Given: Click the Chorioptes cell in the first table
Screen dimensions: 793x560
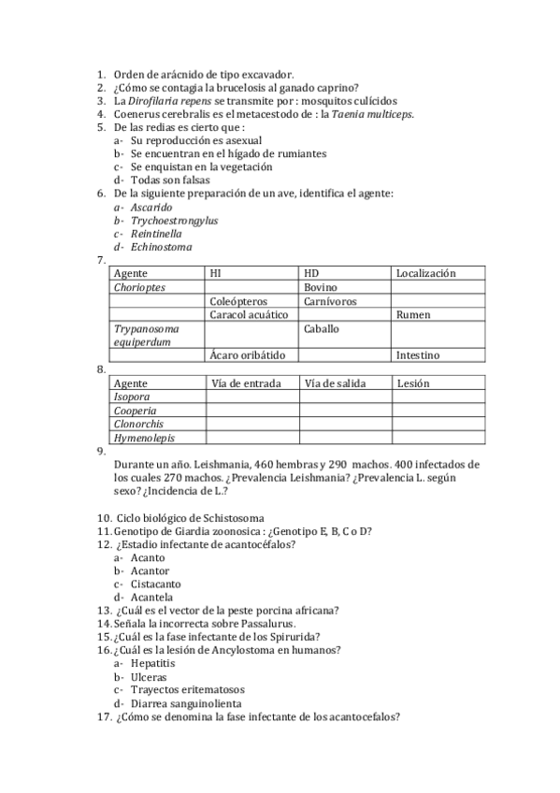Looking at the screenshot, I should coord(139,287).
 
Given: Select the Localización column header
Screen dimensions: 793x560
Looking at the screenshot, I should coord(425,273).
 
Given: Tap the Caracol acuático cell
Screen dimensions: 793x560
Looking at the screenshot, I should coord(248,315).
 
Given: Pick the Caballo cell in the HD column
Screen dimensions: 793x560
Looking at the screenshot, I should coord(322,329).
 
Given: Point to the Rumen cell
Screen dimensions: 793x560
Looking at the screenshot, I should coord(413,315).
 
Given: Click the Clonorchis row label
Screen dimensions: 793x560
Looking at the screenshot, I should coord(137,424).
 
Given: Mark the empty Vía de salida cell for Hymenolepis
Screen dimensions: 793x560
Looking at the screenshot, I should coord(345,438).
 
